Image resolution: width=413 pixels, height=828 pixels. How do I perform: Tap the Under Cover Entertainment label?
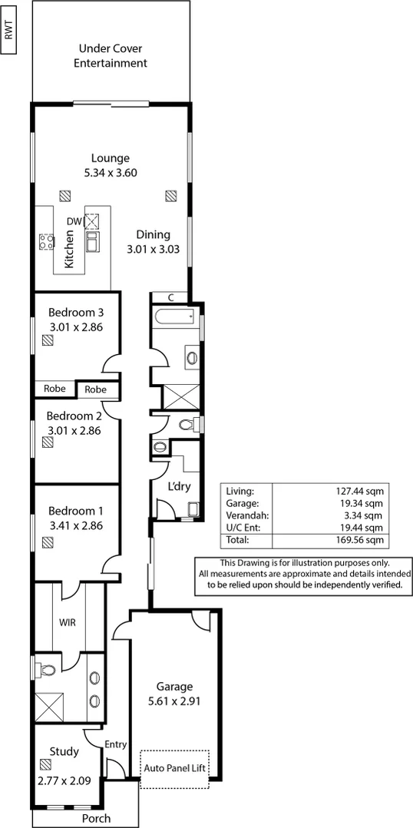pos(110,57)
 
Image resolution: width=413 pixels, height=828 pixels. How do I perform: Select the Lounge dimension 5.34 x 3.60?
pos(111,173)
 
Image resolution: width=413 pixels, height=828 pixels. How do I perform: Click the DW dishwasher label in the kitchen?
pos(74,222)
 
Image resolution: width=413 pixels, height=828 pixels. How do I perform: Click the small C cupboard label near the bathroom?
pos(170,298)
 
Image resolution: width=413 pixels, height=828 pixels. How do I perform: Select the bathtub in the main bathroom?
pos(174,316)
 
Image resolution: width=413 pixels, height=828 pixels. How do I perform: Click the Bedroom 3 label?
pos(75,313)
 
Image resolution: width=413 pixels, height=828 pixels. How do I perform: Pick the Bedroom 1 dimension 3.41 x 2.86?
pos(75,526)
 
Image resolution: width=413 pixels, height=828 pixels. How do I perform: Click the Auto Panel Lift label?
pos(174,768)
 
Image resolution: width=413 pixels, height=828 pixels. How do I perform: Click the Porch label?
pos(96,819)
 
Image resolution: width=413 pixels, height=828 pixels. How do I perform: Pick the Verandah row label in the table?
pos(245,515)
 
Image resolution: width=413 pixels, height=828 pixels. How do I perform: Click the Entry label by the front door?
pos(115,744)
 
